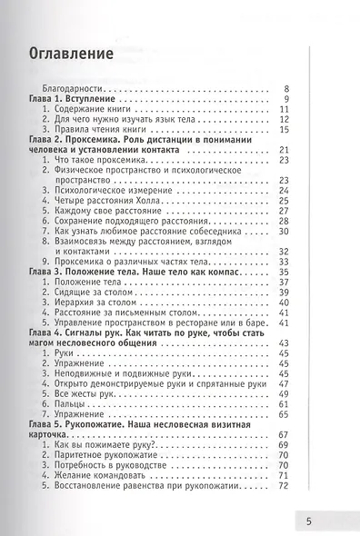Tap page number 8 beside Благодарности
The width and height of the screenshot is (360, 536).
pos(285,88)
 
